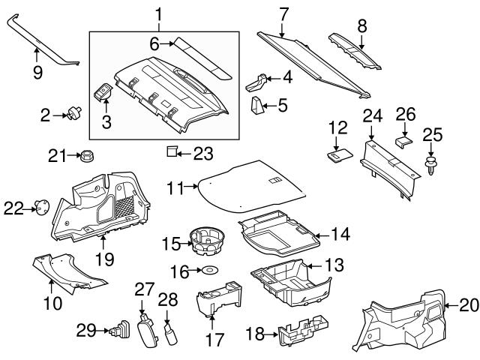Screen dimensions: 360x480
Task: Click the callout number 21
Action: tap(56, 155)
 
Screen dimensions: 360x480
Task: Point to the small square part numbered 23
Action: tap(171, 152)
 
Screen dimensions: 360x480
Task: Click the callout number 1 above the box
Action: tap(158, 13)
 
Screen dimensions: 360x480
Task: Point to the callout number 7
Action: tap(283, 13)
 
